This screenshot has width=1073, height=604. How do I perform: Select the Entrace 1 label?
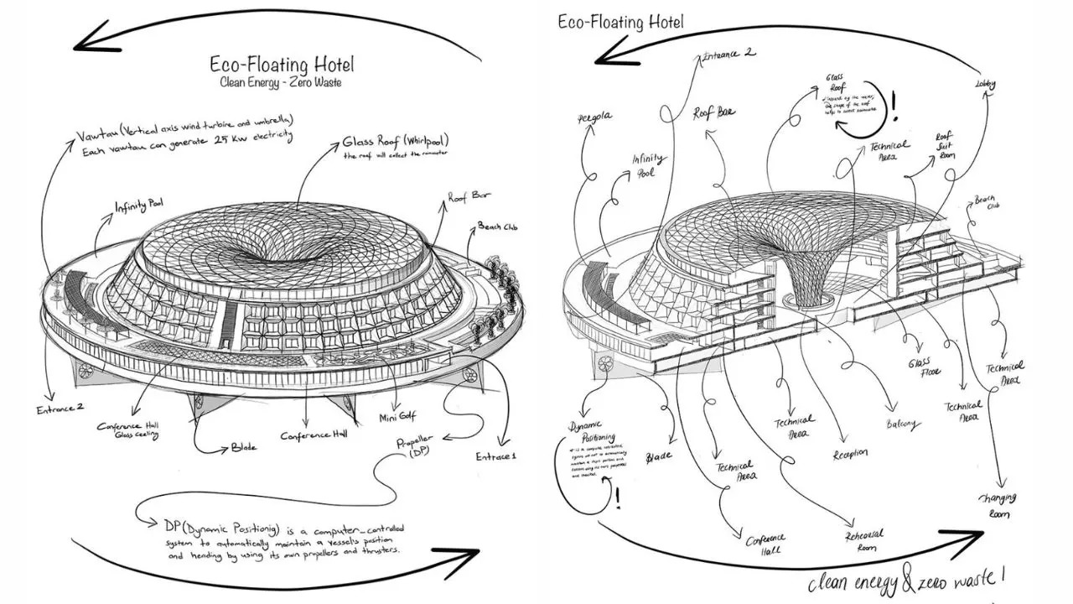tap(498, 456)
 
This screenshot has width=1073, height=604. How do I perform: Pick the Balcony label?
tap(901, 425)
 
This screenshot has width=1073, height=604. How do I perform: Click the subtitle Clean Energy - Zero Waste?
tap(281, 83)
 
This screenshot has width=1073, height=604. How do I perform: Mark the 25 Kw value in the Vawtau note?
tap(240, 152)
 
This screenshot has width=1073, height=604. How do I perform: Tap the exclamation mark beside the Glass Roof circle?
tap(894, 107)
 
